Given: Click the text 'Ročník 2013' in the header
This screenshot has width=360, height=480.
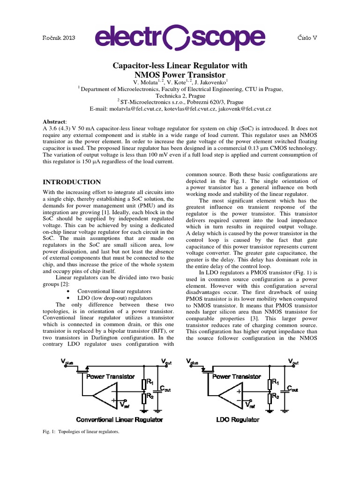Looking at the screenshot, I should [59, 38].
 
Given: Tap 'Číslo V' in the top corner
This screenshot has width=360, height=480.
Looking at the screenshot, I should [307, 37].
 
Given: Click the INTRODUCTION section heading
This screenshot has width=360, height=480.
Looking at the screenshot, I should [72, 182].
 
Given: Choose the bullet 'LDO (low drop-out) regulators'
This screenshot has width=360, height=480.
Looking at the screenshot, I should [114, 298].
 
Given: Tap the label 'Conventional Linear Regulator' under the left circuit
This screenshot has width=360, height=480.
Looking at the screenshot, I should [119, 420].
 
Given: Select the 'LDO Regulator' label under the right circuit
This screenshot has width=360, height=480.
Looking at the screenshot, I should [238, 420].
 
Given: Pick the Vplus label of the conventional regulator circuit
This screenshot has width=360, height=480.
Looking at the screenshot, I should [67, 361].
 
